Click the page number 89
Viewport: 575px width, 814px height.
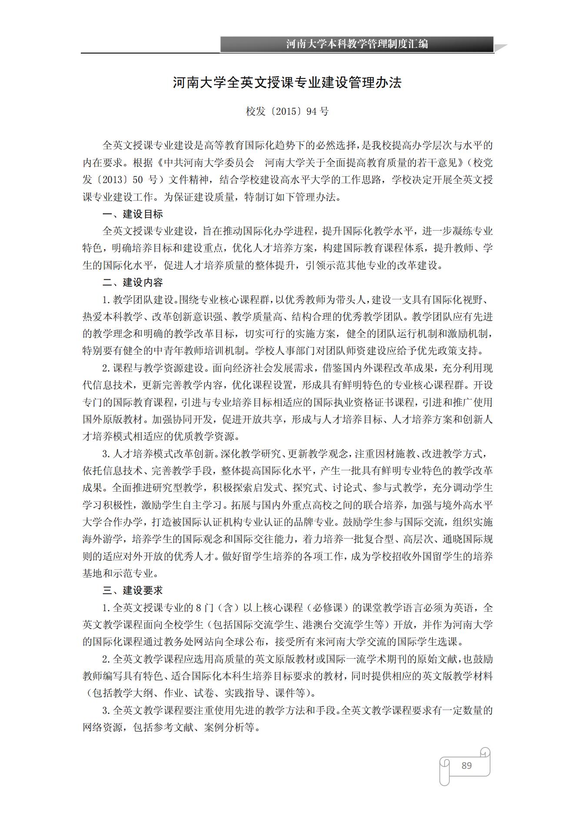point(466,765)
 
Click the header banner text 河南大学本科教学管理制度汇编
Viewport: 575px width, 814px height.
point(357,44)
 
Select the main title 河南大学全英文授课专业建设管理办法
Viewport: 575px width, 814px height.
point(287,83)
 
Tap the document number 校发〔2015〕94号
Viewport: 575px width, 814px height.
point(287,111)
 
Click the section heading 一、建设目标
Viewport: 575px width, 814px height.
point(133,214)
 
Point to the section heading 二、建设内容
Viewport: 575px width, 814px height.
point(133,282)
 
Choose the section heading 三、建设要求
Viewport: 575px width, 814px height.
point(133,590)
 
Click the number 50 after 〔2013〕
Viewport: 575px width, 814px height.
point(138,180)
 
